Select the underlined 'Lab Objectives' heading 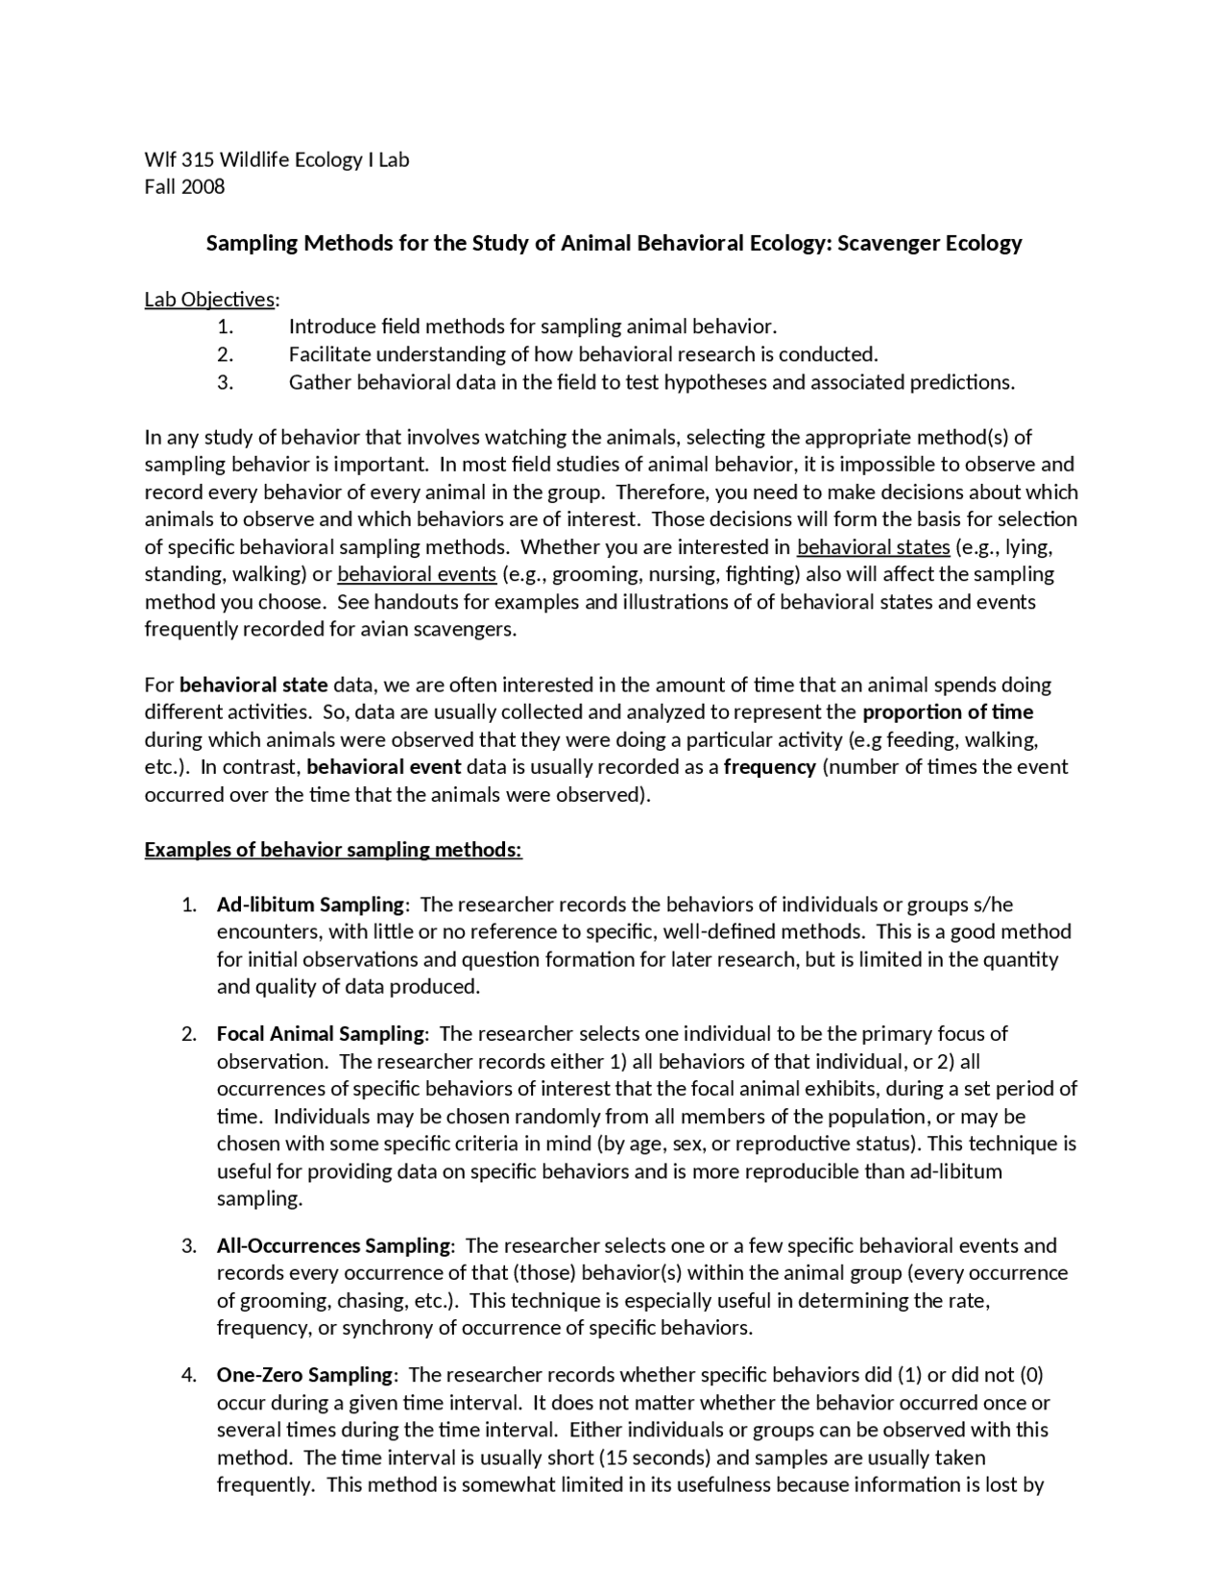209,300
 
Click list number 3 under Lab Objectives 225,382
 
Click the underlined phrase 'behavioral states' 873,547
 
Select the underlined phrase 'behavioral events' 417,574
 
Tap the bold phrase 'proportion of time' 948,712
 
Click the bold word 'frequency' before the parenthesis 769,767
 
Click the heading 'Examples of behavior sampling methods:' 333,851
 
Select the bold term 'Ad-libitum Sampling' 310,904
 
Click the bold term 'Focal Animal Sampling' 320,1034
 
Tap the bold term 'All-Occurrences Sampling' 333,1246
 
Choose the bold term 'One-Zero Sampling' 304,1375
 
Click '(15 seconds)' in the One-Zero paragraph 655,1457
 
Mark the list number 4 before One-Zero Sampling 188,1375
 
